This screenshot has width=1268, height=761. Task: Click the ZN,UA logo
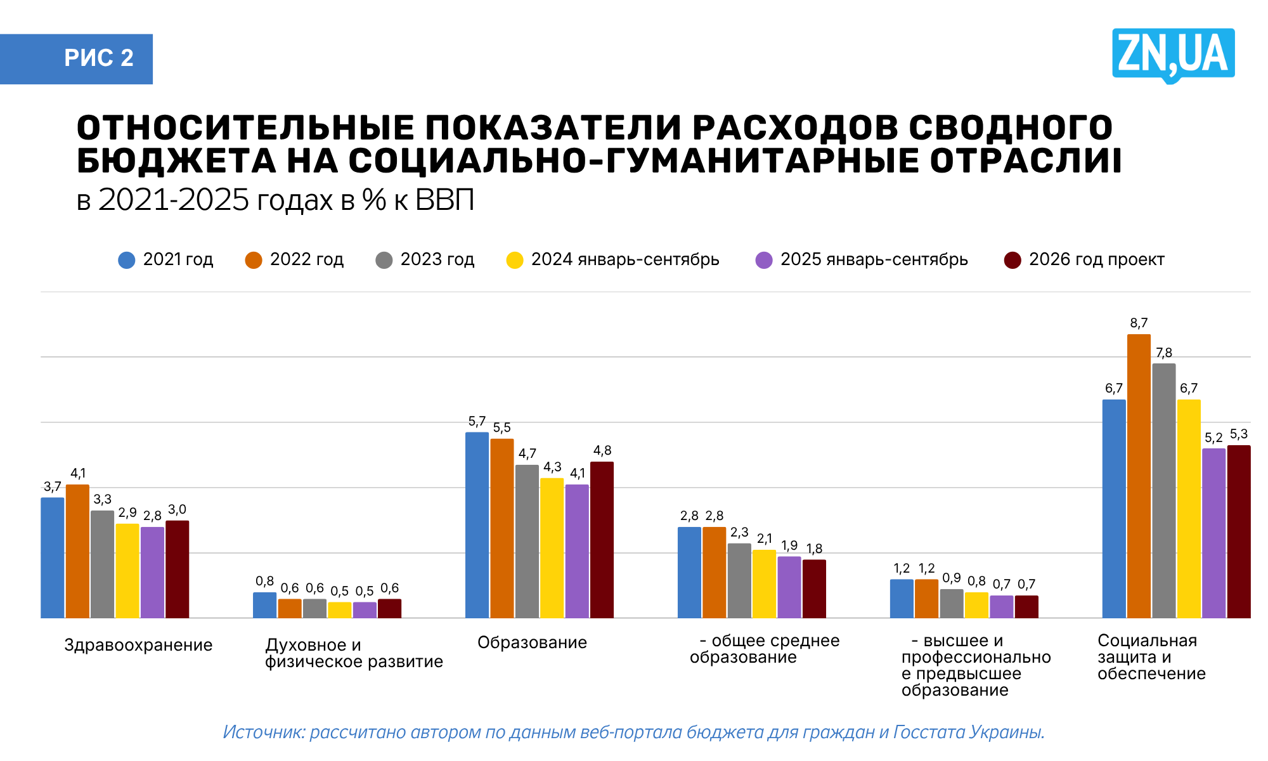tap(1173, 55)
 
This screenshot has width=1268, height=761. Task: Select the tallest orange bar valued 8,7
tap(1139, 476)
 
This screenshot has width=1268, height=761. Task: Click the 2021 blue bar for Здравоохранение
tap(53, 558)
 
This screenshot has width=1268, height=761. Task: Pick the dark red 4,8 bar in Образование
tap(602, 539)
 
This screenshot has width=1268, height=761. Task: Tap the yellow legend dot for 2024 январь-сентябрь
tap(515, 260)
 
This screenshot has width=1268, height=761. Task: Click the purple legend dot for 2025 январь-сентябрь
tap(764, 260)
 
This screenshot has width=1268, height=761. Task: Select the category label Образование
tap(532, 642)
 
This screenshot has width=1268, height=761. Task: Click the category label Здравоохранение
tap(138, 645)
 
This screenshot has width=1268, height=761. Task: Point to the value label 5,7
tap(477, 421)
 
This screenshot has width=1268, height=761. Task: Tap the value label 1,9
tap(789, 545)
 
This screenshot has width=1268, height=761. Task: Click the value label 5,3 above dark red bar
tap(1239, 434)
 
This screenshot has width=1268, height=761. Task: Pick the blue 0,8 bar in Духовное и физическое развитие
tap(264, 605)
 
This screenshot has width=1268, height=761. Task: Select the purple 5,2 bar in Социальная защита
tap(1213, 533)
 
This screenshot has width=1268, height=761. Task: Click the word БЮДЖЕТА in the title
tap(176, 161)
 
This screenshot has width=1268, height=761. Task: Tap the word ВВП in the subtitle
tap(444, 200)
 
